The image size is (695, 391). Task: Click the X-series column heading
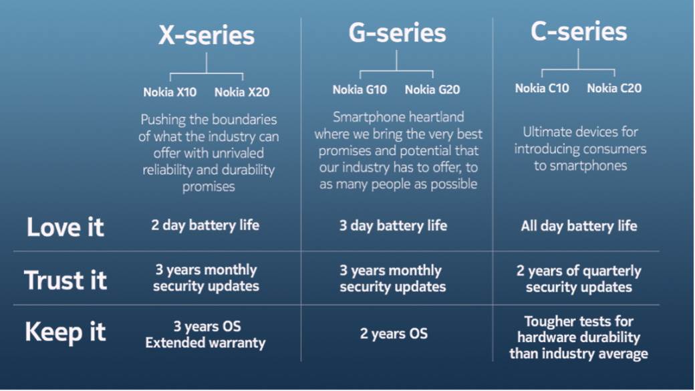coord(206,36)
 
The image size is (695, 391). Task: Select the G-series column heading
coord(397,33)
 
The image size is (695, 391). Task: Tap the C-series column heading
coord(579,31)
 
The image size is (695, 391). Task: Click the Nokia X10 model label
coord(170,92)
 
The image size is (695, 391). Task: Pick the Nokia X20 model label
coord(242,92)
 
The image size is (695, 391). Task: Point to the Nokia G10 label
coord(360,90)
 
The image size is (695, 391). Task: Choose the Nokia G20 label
coord(432,90)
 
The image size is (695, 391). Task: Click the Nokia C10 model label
coord(542,88)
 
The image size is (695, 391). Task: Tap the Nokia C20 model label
coord(614,88)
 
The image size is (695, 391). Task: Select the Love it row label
coord(65,227)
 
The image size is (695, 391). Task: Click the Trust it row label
coord(65,280)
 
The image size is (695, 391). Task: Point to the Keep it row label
coord(65,332)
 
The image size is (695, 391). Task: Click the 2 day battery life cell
coord(205,225)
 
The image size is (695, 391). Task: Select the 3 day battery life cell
coord(393,226)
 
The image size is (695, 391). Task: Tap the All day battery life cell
coord(579,226)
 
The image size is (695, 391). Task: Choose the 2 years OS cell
coord(394,334)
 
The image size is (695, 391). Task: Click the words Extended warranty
coord(205,344)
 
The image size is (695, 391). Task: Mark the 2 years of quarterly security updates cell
coord(579,279)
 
